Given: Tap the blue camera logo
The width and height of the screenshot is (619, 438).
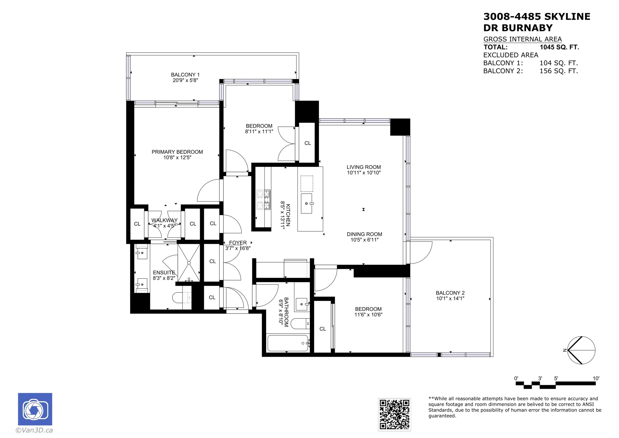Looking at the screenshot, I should coord(35,409).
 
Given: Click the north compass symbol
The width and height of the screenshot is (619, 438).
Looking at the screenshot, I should coord(581,350).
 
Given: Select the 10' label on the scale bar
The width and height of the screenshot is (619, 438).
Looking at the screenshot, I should coord(596,378).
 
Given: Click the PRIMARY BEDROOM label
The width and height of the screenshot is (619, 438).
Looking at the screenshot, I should coord(177,152).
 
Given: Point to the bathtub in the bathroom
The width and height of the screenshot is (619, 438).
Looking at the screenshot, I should coord(288,343).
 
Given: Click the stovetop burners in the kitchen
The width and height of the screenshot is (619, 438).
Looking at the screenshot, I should coord(263,200).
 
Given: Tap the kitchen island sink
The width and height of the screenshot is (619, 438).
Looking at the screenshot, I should coord(307,203).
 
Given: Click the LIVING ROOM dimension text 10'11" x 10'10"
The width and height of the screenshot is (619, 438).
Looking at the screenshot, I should coord(364,173).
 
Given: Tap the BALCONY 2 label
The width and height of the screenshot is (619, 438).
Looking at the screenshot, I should coord(450,293).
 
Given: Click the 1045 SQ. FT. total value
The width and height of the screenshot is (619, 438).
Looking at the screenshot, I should coord(559,47).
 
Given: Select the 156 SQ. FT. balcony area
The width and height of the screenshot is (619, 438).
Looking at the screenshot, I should coord(559,71).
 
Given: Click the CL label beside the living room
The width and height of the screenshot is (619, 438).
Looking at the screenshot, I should coord(308,143).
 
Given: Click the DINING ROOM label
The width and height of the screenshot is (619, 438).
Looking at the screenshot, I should coord(364,234).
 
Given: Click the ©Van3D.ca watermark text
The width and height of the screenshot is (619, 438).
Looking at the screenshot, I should coord(34,430).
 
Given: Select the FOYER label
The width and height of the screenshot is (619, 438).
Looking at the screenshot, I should coord(238,243).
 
